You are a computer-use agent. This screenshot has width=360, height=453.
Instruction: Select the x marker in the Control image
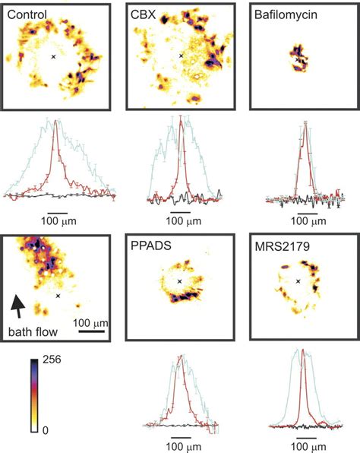coord(53,56)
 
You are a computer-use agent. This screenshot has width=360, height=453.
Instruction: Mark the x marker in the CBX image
coord(180,55)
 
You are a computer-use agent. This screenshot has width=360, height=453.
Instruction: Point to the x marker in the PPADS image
coord(179,281)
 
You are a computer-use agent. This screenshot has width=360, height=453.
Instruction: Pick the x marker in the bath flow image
coord(58,295)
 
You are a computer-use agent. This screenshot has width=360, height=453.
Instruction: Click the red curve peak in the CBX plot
coord(180,119)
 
